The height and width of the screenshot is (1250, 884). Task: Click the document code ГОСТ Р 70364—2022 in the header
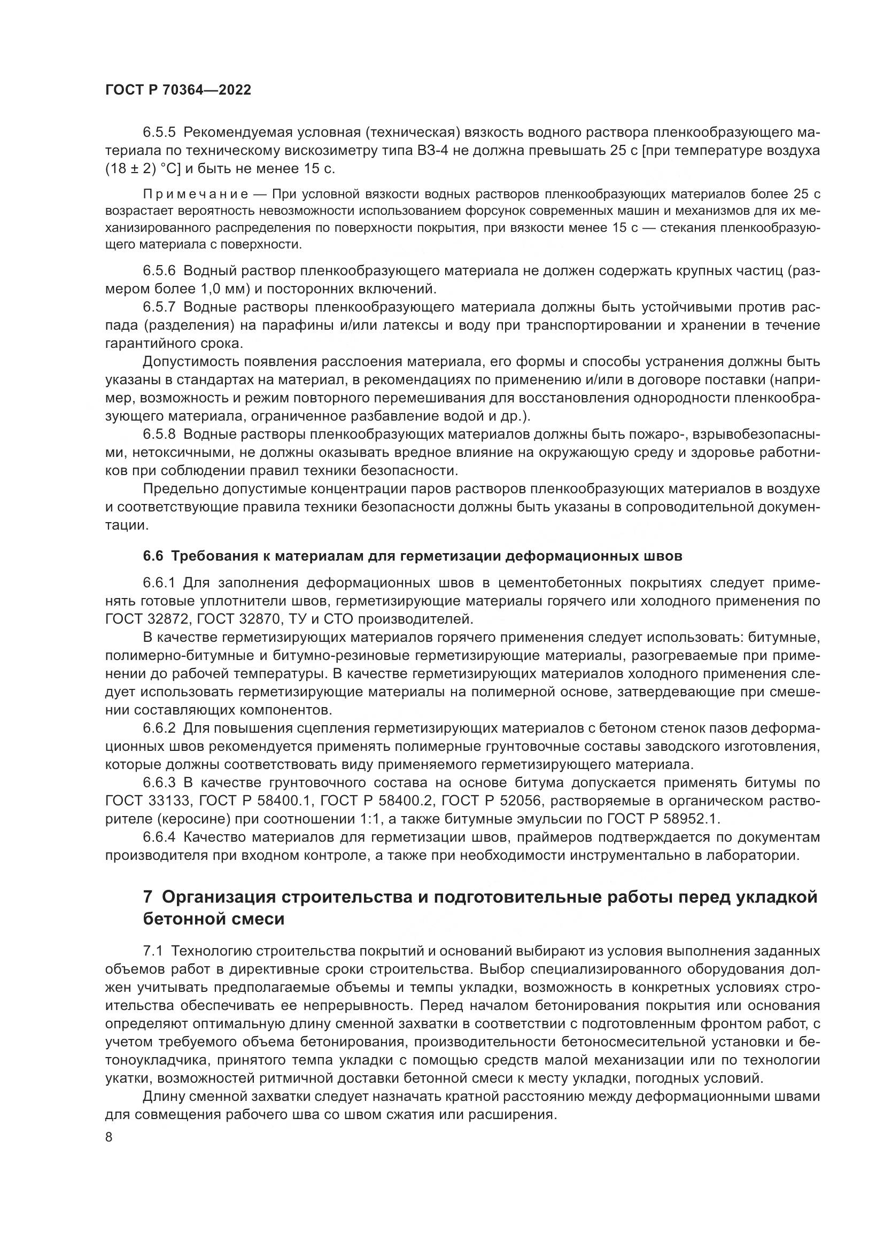pos(178,90)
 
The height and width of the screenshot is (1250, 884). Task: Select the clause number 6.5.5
pos(159,133)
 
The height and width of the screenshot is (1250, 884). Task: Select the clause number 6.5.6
pos(159,270)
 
